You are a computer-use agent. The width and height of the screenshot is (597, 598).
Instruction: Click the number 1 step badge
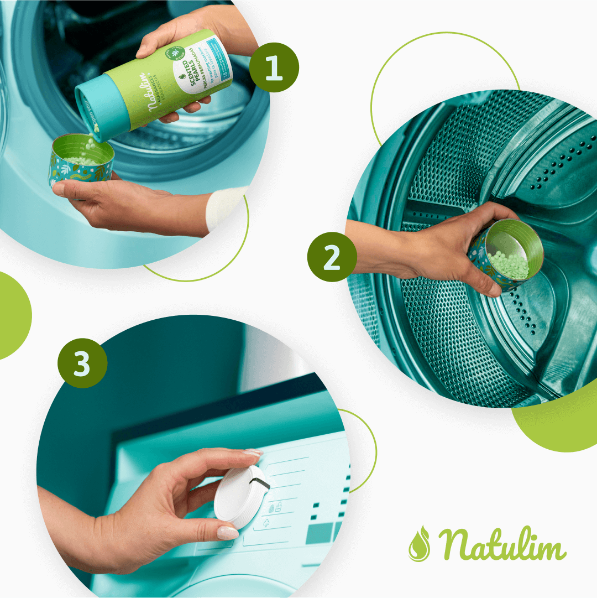click(274, 67)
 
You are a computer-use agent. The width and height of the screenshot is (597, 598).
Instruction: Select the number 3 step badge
click(82, 363)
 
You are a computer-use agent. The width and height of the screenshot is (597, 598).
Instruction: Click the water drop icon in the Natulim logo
click(419, 544)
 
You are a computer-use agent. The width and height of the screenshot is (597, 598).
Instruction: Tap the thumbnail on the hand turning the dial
click(227, 533)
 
